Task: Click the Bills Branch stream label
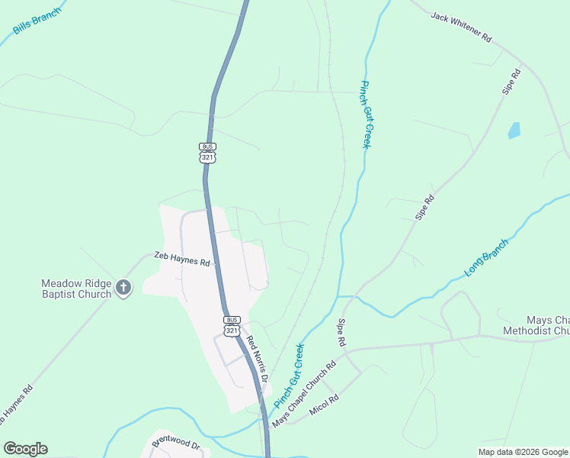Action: tap(37, 21)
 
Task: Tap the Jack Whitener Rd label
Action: tap(461, 27)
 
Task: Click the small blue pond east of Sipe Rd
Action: tap(514, 131)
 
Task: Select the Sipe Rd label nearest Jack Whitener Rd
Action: tap(511, 82)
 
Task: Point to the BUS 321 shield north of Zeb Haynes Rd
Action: tap(208, 152)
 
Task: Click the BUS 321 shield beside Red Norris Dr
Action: tap(232, 325)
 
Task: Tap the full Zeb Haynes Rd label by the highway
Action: tap(181, 260)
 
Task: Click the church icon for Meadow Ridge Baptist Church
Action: tap(125, 288)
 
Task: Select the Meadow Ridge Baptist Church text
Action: tap(76, 288)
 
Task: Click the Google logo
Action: tap(25, 449)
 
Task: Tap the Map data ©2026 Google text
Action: tap(522, 452)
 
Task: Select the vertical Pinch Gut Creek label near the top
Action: tap(365, 114)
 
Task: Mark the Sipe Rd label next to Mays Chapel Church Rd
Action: tap(341, 333)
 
